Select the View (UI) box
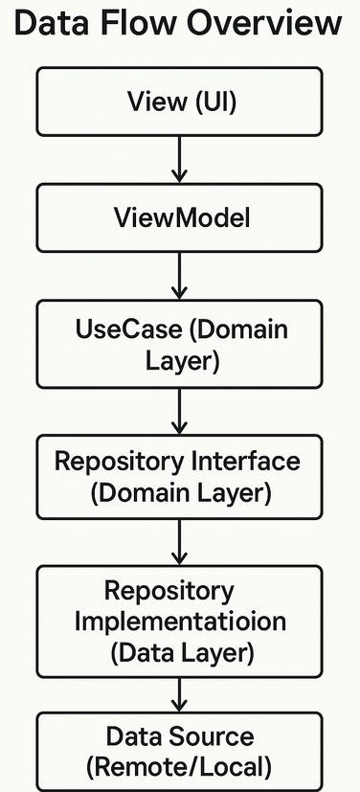click(180, 102)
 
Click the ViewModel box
click(180, 218)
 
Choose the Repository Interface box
click(180, 477)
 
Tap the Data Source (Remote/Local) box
click(180, 751)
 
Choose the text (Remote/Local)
click(180, 767)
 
